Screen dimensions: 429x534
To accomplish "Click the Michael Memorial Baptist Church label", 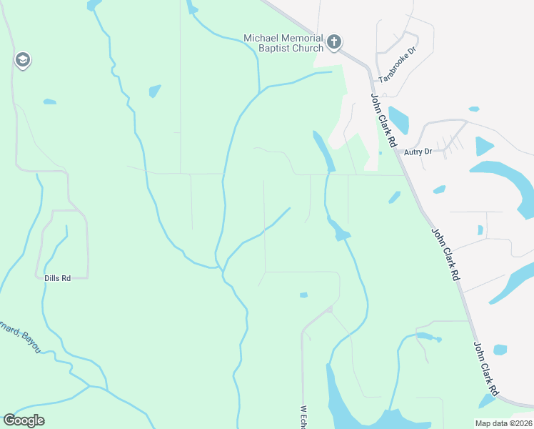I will point(283,43).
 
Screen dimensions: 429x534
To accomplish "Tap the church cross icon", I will point(334,42).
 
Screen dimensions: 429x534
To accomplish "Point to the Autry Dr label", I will point(418,152).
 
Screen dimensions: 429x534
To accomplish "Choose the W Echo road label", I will point(303,417).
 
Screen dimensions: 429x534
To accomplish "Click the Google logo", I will point(24,420).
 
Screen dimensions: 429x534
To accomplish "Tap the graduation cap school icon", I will point(22,60).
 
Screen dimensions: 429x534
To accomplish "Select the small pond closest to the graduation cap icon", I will point(49,102).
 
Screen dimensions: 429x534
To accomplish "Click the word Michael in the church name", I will point(261,38).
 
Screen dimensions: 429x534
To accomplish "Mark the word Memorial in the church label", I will point(301,38).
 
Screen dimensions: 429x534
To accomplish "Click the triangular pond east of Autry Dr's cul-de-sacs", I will point(483,146).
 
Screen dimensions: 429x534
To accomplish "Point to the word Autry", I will point(413,152).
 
